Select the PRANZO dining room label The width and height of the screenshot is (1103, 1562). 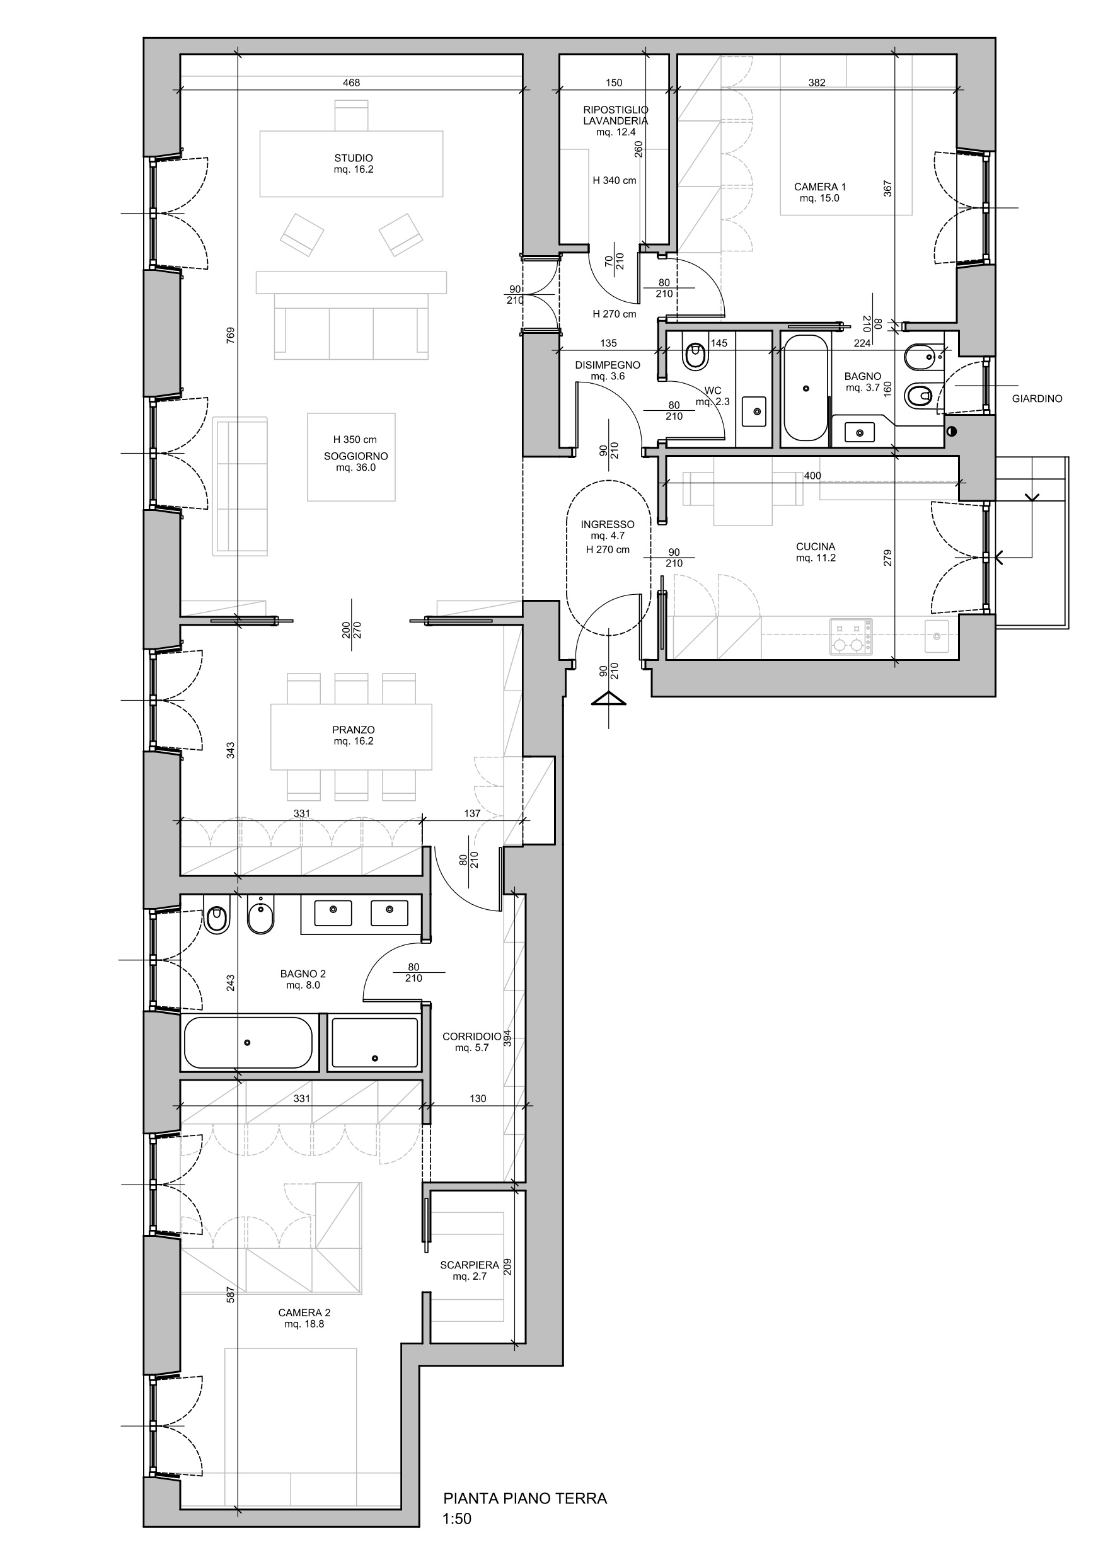click(x=353, y=730)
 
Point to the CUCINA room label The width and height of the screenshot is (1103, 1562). click(x=815, y=546)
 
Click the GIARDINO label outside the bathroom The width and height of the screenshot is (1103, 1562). click(x=1036, y=399)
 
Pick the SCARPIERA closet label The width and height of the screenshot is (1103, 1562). click(x=470, y=1265)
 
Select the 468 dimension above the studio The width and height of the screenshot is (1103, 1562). click(x=351, y=83)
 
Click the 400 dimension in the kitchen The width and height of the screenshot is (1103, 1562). click(x=812, y=476)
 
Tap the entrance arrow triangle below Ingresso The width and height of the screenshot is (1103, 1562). click(x=608, y=699)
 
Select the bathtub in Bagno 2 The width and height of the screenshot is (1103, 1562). click(x=249, y=1043)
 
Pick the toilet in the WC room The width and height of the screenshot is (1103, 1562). click(x=694, y=355)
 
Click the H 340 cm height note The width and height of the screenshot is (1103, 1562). click(x=615, y=181)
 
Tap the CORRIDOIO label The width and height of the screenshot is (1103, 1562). click(x=471, y=1037)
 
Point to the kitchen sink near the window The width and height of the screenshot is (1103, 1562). click(x=938, y=636)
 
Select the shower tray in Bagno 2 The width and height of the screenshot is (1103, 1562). click(x=374, y=1043)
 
